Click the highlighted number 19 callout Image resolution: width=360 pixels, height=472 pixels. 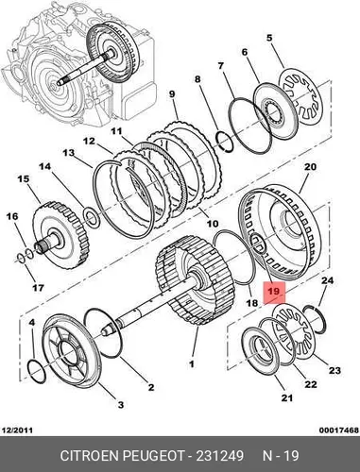275,292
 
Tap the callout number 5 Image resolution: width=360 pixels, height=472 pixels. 268,38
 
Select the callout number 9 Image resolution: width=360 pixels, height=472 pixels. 172,94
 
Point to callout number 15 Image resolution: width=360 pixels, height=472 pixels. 24,179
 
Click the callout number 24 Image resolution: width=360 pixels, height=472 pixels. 327,280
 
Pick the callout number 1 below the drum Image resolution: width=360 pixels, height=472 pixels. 191,364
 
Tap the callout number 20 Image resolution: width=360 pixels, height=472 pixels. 310,167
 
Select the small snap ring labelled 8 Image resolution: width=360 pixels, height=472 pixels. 225,141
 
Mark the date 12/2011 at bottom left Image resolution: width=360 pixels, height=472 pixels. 17,430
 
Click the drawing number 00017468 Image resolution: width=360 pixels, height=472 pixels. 339,430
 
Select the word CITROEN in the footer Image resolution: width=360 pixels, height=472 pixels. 90,456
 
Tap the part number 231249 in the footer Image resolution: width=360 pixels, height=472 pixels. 220,456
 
